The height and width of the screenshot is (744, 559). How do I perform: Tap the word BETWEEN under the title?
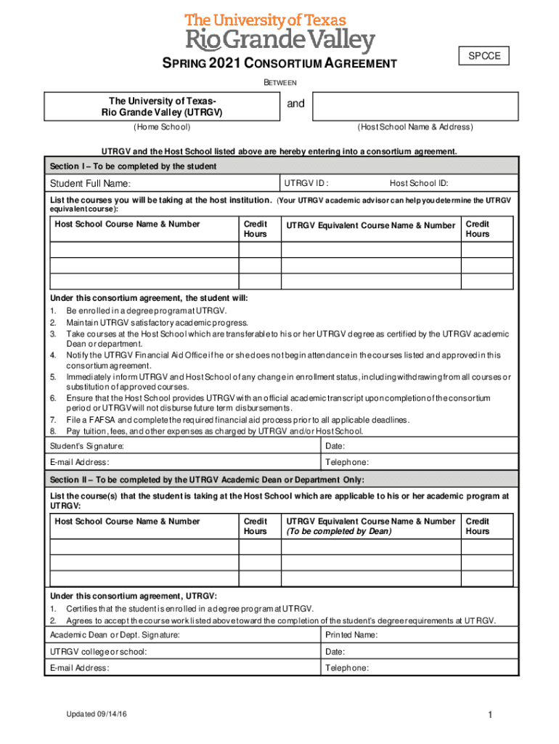click(279, 83)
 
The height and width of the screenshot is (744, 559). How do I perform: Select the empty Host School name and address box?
click(416, 106)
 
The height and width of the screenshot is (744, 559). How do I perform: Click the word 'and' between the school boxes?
click(295, 104)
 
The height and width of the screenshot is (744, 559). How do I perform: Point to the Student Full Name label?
click(90, 184)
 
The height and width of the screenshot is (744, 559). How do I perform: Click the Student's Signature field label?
click(86, 445)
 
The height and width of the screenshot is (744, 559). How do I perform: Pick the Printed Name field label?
click(352, 635)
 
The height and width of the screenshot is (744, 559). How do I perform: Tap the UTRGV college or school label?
click(98, 652)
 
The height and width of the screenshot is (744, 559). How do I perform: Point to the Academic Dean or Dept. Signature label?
click(115, 635)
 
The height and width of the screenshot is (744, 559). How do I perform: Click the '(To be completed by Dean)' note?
click(338, 531)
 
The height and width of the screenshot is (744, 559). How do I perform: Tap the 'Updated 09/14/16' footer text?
click(96, 715)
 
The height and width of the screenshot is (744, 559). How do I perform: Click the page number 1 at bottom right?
click(491, 716)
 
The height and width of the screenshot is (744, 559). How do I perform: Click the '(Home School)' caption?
click(162, 127)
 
